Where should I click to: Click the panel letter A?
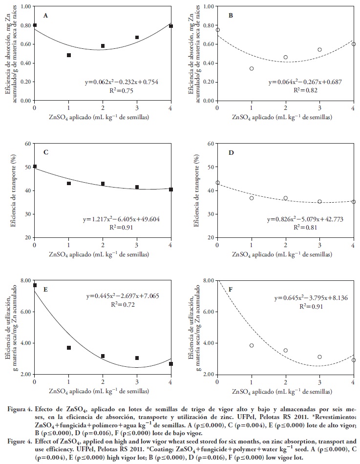(46, 15)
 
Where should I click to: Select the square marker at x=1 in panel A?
(69, 55)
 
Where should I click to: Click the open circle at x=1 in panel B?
(252, 68)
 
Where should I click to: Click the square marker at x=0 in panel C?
(35, 167)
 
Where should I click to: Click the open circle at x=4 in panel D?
(354, 202)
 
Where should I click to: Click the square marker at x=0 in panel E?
(35, 285)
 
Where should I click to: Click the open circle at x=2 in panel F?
(286, 350)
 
